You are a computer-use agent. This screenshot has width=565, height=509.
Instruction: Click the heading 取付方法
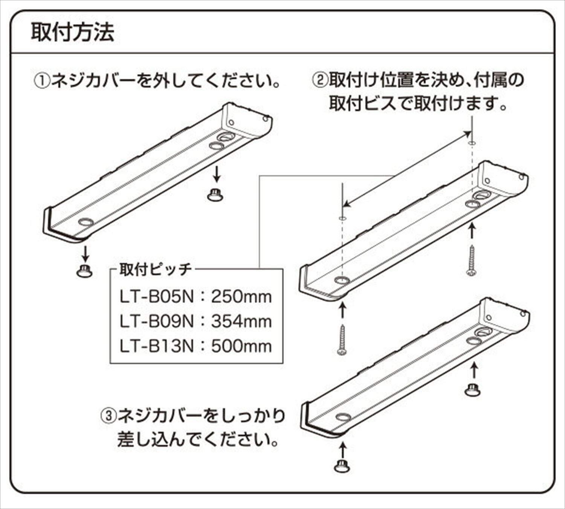(72, 33)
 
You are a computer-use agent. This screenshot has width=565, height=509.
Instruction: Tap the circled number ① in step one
(41, 81)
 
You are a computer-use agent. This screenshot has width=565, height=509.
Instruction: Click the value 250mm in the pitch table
(241, 297)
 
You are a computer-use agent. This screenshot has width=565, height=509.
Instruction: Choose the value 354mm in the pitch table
(241, 322)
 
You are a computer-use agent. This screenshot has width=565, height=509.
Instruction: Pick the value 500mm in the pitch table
(241, 346)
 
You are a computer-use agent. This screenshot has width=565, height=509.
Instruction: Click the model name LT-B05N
(157, 297)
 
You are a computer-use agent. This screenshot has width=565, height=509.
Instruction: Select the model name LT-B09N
(157, 322)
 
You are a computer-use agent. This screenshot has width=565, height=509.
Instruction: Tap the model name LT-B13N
(157, 346)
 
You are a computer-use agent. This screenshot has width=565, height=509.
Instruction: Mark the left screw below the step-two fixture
(342, 340)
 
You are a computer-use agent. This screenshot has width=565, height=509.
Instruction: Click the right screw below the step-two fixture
(471, 260)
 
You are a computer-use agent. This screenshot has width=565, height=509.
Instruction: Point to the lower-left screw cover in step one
(84, 271)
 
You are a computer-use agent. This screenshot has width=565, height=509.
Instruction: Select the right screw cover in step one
(215, 195)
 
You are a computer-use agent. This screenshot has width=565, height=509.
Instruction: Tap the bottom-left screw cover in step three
(342, 466)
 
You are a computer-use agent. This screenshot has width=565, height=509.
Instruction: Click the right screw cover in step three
(473, 389)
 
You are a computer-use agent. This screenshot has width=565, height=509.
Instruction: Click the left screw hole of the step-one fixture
(86, 222)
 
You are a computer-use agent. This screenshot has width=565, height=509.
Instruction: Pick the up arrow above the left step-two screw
(342, 312)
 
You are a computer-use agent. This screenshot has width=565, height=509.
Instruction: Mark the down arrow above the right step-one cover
(215, 175)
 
